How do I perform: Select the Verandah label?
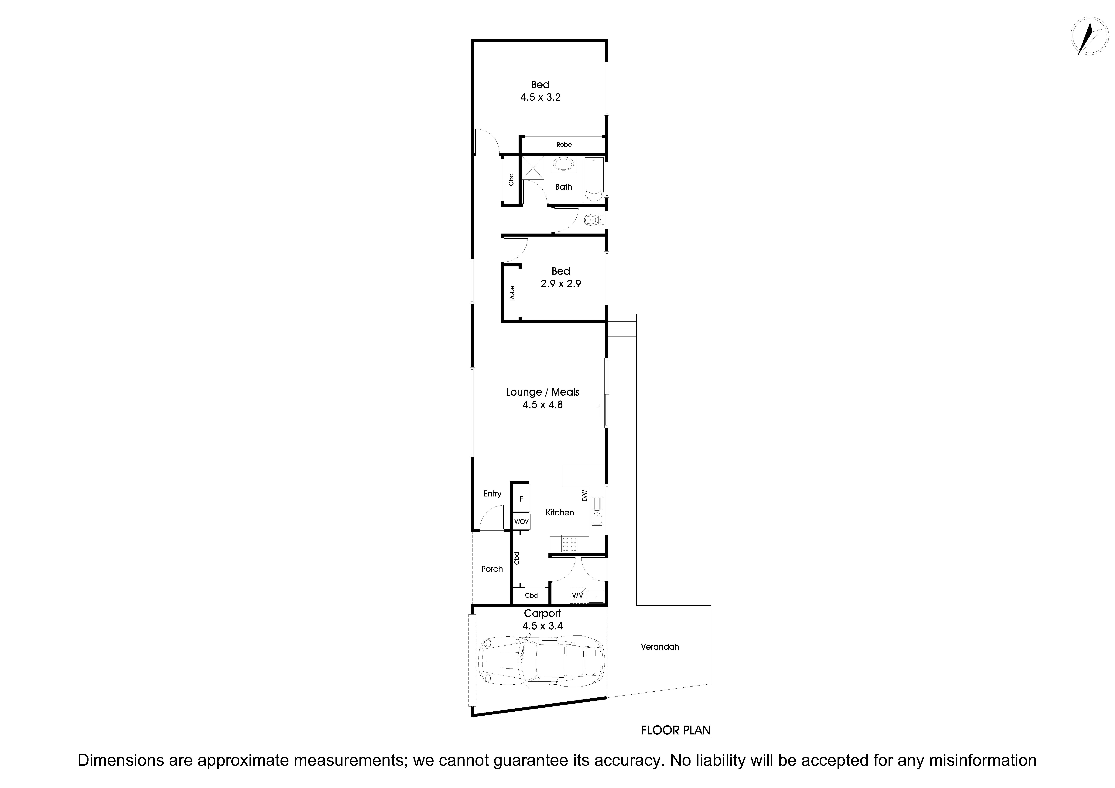click(x=660, y=647)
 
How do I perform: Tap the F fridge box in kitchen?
click(x=521, y=499)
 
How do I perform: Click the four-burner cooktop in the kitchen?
click(x=569, y=544)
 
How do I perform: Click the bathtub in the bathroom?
click(x=593, y=180)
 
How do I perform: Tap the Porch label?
click(x=491, y=569)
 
